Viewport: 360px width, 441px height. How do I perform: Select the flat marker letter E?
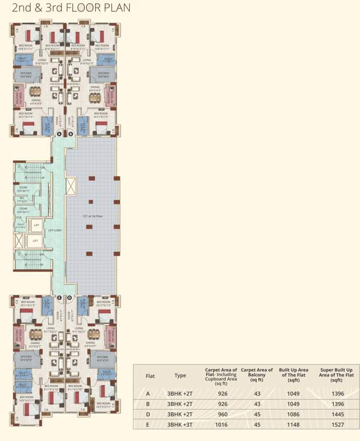point(59,297)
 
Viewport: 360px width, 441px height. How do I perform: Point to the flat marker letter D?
point(70,297)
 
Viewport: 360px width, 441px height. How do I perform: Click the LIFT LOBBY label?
point(55,231)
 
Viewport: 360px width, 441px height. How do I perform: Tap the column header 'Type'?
point(180,376)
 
